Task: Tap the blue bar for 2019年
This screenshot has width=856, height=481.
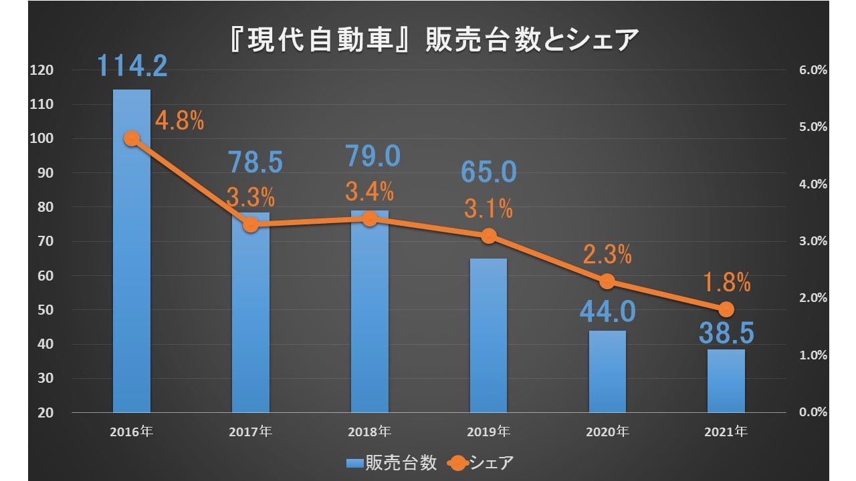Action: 488,334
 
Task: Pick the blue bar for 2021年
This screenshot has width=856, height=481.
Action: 726,381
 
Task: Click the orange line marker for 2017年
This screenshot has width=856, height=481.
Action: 251,225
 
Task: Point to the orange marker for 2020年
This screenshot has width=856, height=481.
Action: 607,281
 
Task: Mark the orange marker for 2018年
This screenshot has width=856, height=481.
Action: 369,218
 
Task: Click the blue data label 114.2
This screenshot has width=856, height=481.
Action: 132,65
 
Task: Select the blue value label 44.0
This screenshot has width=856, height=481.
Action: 607,311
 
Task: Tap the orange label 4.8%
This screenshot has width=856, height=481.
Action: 179,122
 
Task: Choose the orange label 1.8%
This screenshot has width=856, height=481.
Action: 726,283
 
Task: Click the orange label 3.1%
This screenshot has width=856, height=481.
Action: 488,210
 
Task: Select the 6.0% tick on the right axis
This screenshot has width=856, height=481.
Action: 813,70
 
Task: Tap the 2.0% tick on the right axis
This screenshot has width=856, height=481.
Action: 813,299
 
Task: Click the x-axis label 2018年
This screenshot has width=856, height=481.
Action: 369,432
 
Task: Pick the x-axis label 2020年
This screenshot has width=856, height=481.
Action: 607,432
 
